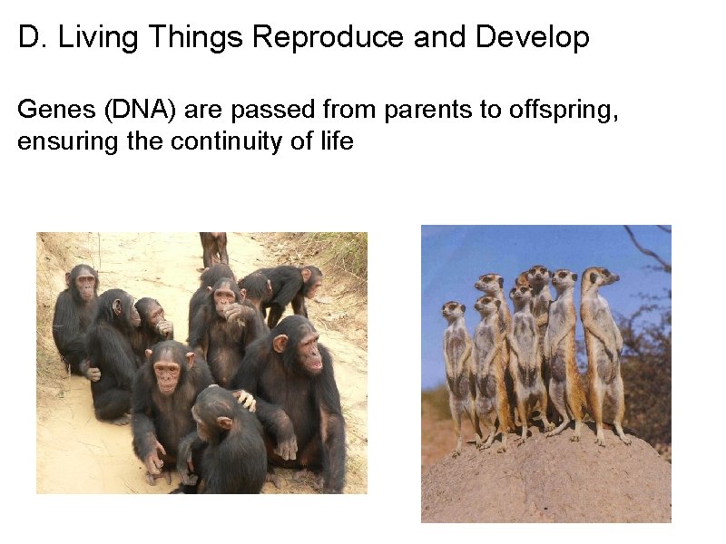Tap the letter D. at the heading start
[29, 38]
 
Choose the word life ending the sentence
[334, 142]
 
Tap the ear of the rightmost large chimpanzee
[280, 344]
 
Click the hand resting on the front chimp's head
[243, 399]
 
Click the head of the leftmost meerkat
[453, 312]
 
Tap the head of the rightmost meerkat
[600, 277]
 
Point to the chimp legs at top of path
[214, 248]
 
